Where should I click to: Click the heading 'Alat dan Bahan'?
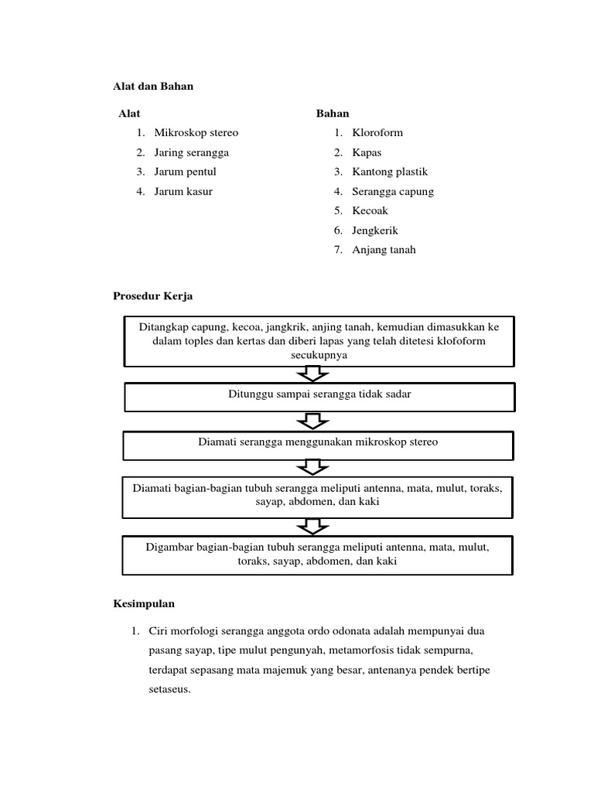click(153, 87)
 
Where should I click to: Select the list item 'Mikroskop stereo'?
click(196, 133)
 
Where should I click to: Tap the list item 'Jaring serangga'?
click(191, 152)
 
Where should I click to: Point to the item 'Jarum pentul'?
click(185, 172)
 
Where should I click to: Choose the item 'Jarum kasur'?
click(183, 191)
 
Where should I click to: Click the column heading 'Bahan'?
click(333, 114)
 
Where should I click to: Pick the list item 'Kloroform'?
click(377, 133)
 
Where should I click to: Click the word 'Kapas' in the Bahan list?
click(367, 152)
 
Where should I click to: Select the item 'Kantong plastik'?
click(390, 172)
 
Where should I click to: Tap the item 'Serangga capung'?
click(393, 191)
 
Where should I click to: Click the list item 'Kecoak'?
click(370, 210)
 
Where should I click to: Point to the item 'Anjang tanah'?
click(384, 250)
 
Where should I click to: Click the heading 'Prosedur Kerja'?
click(153, 296)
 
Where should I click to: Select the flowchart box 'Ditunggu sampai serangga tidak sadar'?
click(319, 395)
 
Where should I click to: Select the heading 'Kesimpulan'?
click(145, 603)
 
